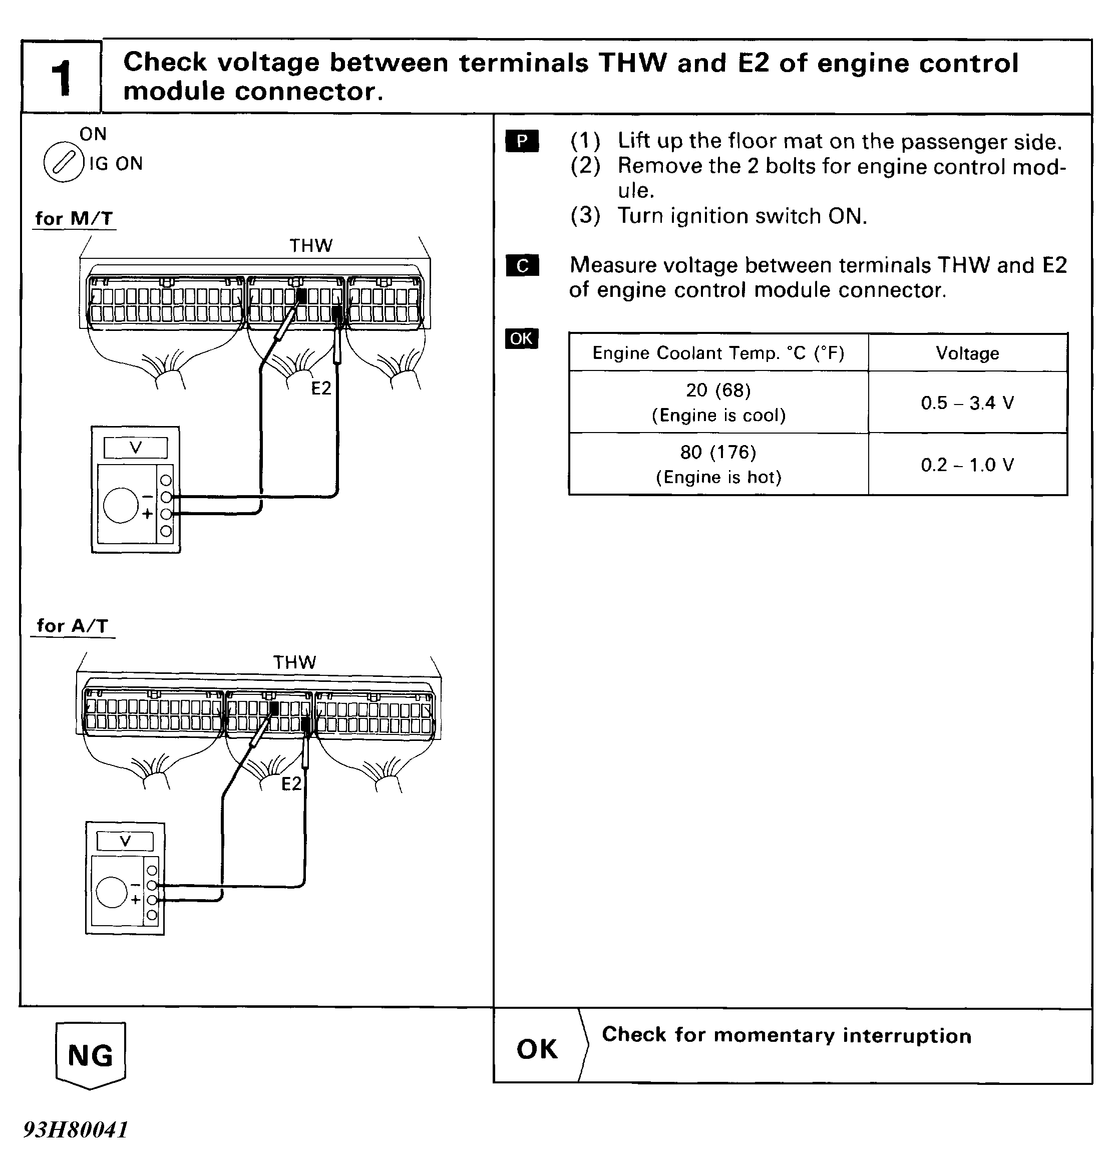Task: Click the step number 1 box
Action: (61, 77)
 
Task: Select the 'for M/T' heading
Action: (74, 218)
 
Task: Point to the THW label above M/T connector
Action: (310, 245)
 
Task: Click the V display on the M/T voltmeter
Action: (136, 448)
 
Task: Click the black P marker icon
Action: (522, 141)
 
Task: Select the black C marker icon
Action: (522, 266)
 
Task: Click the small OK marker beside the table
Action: (522, 338)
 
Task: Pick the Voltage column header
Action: (967, 353)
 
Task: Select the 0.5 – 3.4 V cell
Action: (967, 403)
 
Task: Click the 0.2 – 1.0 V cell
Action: (967, 465)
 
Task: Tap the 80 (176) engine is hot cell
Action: (718, 464)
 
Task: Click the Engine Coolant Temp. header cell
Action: (718, 353)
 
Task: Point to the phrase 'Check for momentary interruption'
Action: (787, 1035)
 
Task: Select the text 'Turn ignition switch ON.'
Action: (742, 216)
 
